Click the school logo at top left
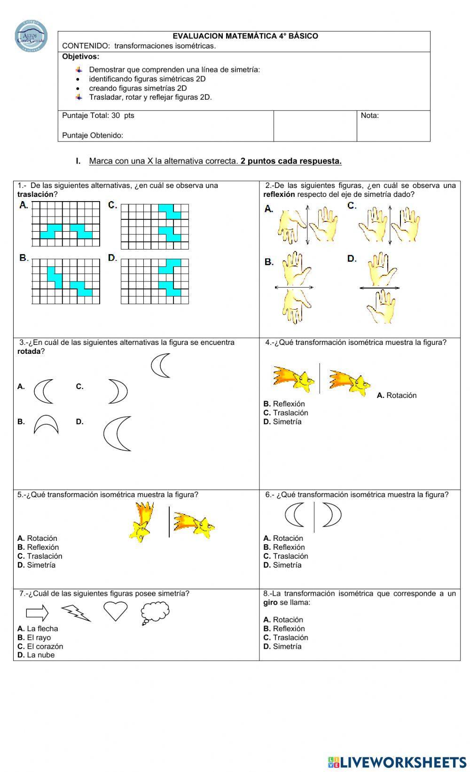[x=31, y=36]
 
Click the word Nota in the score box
[x=369, y=116]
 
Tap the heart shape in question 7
[x=115, y=611]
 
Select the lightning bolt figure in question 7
[x=76, y=612]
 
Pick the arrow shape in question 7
[x=37, y=613]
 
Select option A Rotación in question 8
[x=283, y=619]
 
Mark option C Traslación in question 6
[x=286, y=556]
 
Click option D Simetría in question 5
[x=36, y=565]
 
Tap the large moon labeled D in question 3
[x=117, y=433]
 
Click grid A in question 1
[x=66, y=224]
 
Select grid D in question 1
[x=155, y=281]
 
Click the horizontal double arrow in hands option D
[x=379, y=288]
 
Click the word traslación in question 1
[x=35, y=194]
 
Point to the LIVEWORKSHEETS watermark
[x=397, y=762]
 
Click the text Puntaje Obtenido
[x=93, y=135]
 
